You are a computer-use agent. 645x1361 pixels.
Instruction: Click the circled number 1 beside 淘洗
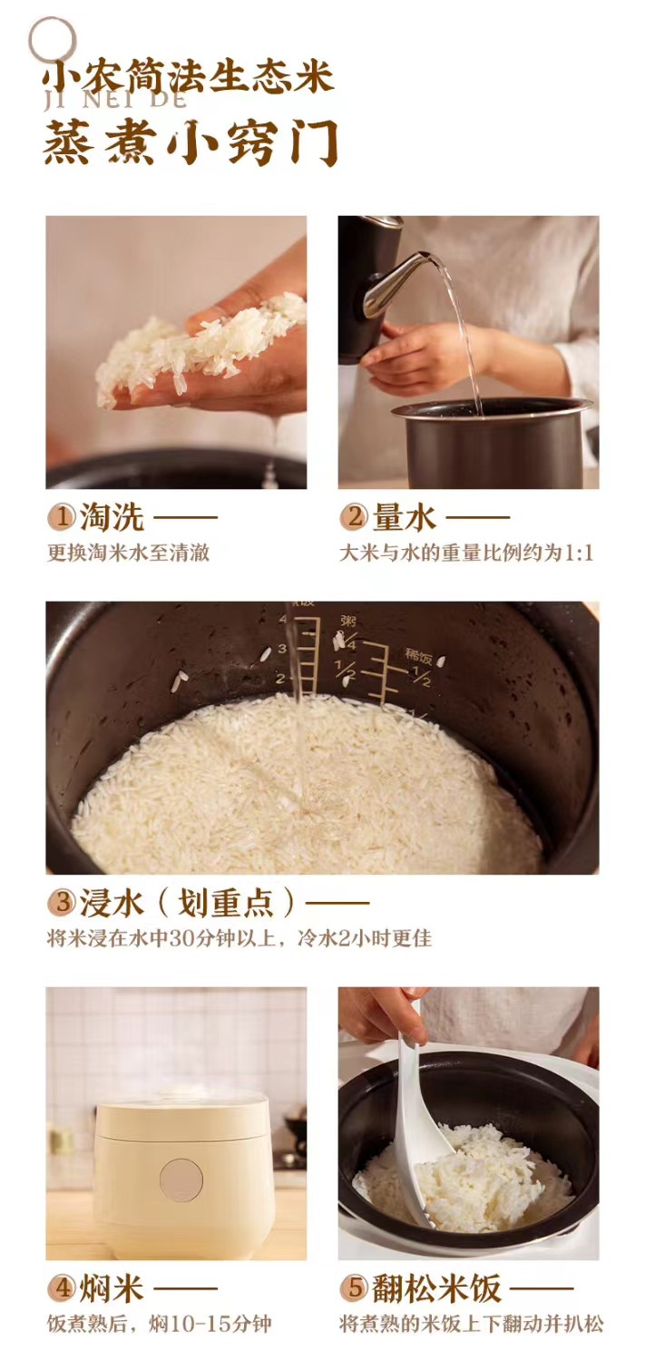[x=62, y=518]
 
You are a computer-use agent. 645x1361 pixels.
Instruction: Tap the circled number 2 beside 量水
[x=354, y=518]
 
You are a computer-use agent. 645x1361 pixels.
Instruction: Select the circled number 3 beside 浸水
[x=62, y=902]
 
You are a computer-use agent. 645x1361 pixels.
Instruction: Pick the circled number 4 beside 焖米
[x=62, y=1288]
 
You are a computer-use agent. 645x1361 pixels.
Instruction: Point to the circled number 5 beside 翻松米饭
[x=354, y=1288]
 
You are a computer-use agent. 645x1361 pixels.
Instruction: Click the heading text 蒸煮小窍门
[x=191, y=143]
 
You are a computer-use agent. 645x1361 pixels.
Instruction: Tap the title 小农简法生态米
[x=189, y=77]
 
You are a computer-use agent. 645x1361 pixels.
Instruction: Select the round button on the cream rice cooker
[x=181, y=1180]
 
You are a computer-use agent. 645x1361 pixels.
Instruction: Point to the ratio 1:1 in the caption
[x=578, y=553]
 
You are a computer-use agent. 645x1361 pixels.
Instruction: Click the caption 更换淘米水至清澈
[x=128, y=553]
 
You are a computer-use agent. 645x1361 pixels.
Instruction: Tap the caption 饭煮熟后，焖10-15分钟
[x=159, y=1323]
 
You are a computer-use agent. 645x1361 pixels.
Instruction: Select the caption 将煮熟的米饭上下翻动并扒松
[x=472, y=1323]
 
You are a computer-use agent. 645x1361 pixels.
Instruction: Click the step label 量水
[x=404, y=518]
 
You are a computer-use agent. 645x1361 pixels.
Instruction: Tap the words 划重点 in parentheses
[x=225, y=903]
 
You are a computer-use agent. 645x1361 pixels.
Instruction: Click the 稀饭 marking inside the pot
[x=418, y=656]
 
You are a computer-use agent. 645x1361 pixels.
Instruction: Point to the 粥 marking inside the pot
[x=348, y=621]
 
